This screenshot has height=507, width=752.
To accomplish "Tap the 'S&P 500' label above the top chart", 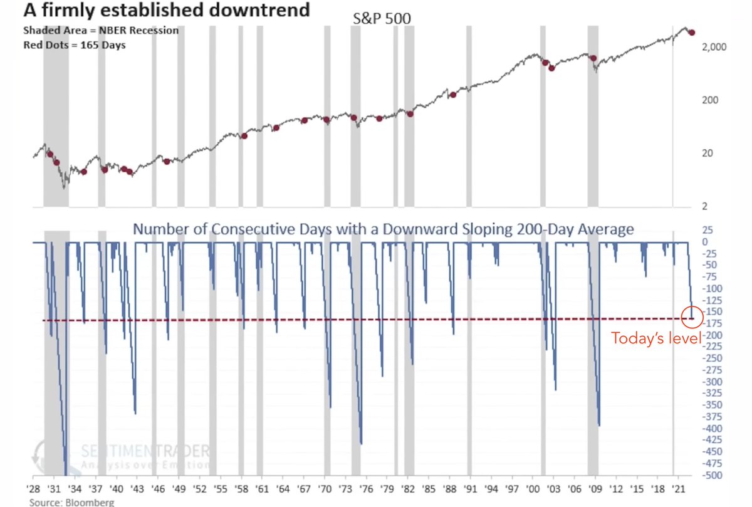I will tap(381, 19).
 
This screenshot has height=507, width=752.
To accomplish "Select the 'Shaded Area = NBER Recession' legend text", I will tap(100, 31).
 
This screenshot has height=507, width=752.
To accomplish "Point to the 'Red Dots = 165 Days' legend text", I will tap(75, 45).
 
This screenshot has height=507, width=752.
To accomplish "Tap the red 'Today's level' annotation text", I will tap(656, 339).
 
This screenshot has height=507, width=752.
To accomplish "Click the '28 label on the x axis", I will tap(34, 488).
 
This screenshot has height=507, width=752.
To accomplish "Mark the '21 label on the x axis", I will tap(677, 488).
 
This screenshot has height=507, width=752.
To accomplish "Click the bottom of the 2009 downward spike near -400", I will tap(600, 425).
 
